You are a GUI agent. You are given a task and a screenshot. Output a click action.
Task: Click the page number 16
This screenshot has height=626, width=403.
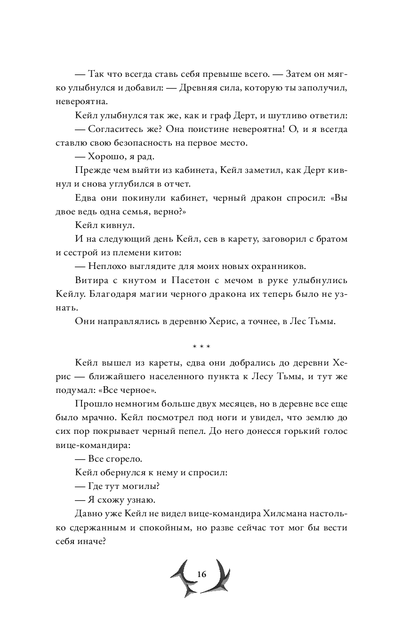click(x=201, y=574)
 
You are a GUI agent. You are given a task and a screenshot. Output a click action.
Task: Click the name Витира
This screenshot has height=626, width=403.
click(x=91, y=280)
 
